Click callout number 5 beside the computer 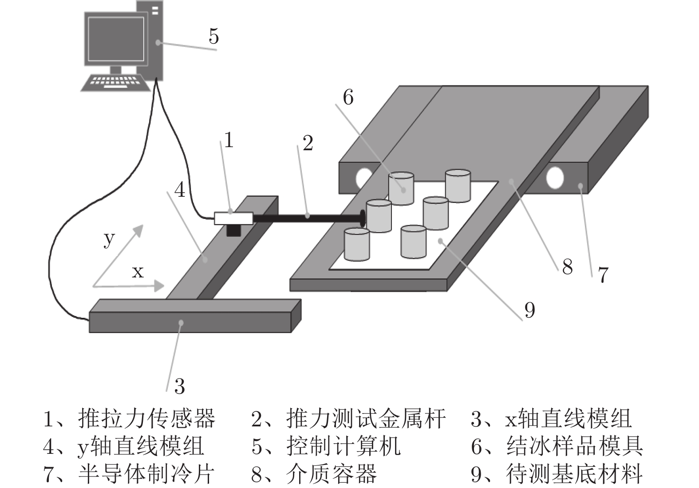pyautogui.click(x=214, y=36)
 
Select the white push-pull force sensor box pyautogui.click(x=233, y=218)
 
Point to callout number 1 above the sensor pyautogui.click(x=229, y=141)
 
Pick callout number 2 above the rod pyautogui.click(x=308, y=143)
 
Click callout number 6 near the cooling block pyautogui.click(x=348, y=98)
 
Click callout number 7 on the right pyautogui.click(x=603, y=275)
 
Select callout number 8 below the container pyautogui.click(x=567, y=267)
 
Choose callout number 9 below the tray pyautogui.click(x=529, y=310)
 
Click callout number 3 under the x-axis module pyautogui.click(x=179, y=386)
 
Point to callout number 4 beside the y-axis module pyautogui.click(x=179, y=190)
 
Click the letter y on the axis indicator pyautogui.click(x=109, y=239)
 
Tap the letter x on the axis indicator pyautogui.click(x=138, y=271)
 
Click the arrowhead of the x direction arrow pyautogui.click(x=158, y=286)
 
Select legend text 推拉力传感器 pyautogui.click(x=146, y=419)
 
